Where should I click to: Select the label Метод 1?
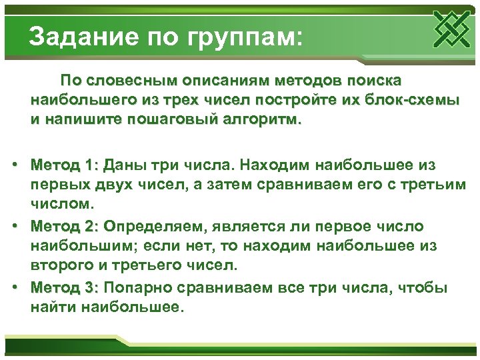[x=65, y=164]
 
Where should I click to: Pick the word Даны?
[x=127, y=164]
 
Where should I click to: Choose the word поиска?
[x=371, y=81]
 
